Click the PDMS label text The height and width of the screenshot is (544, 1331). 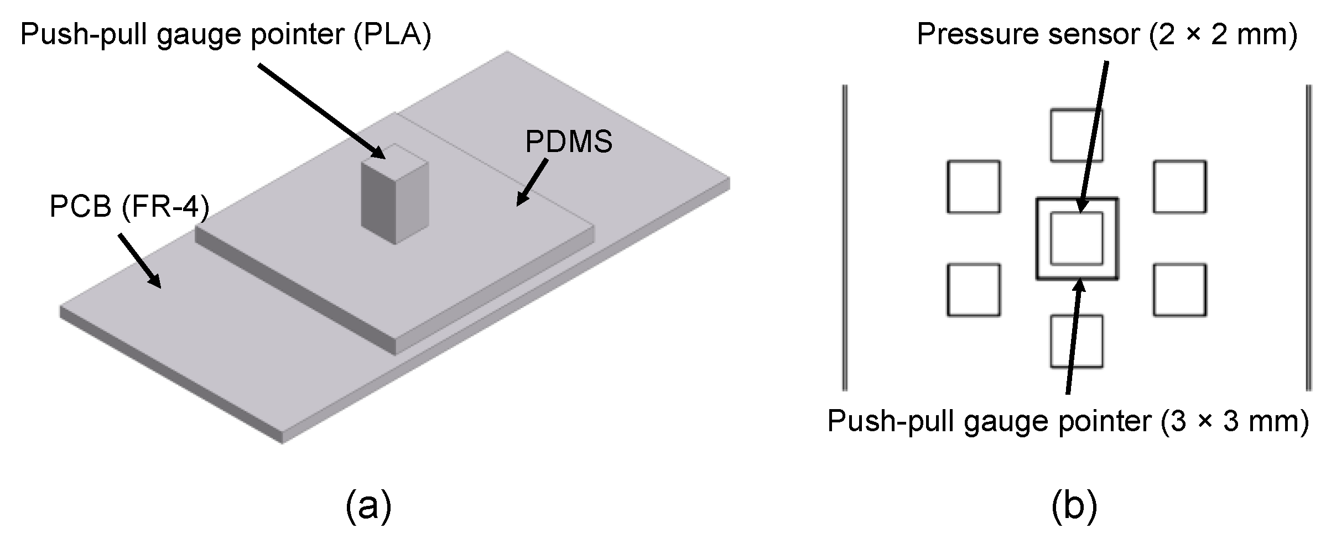(x=568, y=142)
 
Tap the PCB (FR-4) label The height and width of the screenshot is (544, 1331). (x=129, y=208)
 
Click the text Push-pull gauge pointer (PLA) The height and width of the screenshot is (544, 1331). (x=225, y=35)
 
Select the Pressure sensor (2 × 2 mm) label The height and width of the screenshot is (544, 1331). (x=1107, y=34)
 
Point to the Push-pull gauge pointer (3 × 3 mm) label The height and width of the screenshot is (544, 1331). (x=1068, y=422)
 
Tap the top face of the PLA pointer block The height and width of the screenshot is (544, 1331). (x=394, y=160)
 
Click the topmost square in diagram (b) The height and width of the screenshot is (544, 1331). (x=1076, y=135)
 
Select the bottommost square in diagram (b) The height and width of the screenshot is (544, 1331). (x=1076, y=342)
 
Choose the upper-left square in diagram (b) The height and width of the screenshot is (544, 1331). (x=973, y=187)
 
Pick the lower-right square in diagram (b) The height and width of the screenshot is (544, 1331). (x=1179, y=290)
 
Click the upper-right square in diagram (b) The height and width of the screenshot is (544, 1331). (x=1179, y=187)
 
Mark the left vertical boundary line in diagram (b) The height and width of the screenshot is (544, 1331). (x=844, y=238)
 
